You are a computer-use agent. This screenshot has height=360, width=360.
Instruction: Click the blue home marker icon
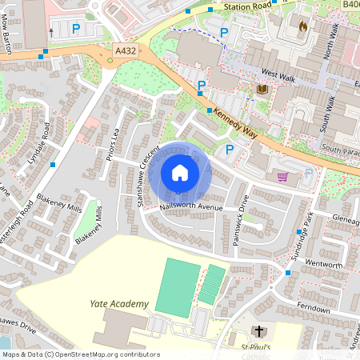[180, 173]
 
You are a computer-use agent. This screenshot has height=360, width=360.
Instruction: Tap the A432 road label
[126, 50]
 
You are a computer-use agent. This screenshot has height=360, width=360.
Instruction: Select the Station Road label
[248, 7]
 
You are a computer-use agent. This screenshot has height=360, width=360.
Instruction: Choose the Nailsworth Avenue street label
[190, 206]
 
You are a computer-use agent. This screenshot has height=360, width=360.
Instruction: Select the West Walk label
[278, 75]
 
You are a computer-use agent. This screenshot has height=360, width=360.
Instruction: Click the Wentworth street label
[324, 265]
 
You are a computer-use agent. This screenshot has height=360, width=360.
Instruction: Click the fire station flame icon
[302, 26]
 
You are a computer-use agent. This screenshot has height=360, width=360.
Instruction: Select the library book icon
[262, 89]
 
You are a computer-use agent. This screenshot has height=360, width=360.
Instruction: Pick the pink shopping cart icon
[282, 177]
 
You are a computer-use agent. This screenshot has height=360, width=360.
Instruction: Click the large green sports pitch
[175, 286]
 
